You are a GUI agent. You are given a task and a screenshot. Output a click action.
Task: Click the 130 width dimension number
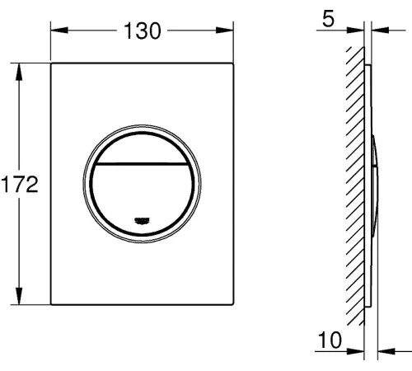point(142,31)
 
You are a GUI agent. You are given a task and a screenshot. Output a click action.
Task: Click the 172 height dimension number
point(20,184)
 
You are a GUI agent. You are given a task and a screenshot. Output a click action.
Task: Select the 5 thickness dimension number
point(328,19)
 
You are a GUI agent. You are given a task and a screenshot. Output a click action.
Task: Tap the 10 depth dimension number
point(330,340)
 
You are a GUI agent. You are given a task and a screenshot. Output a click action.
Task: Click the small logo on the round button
point(142,220)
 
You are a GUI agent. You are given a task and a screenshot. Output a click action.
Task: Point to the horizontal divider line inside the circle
point(142,164)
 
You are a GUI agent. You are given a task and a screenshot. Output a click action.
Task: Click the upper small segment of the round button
point(142,148)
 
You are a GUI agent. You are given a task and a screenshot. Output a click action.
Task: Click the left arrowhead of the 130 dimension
point(59,31)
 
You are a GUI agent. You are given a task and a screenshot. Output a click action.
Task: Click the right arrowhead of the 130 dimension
point(225,31)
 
